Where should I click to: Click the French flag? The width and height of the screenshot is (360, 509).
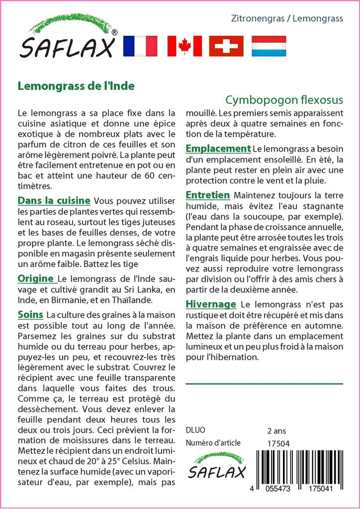tap(140, 46)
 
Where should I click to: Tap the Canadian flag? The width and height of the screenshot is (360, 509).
tap(184, 46)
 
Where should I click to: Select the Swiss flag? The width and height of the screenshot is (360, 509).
tap(226, 46)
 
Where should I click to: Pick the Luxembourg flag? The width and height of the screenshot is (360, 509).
tap(269, 46)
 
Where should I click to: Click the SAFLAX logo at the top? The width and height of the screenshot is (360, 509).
tap(67, 40)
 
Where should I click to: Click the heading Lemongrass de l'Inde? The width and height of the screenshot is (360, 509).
tap(76, 85)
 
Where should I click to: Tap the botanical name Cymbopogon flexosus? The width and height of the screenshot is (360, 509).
tap(284, 100)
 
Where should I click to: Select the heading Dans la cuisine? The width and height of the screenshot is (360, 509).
tap(54, 201)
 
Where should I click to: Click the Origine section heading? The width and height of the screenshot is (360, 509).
tap(36, 278)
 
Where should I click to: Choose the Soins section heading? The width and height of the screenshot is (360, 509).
tap(30, 315)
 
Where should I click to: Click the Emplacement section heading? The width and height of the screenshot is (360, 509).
tap(218, 149)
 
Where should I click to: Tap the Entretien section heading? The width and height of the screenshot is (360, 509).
tap(207, 195)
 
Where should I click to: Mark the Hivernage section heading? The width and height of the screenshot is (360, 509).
tap(210, 304)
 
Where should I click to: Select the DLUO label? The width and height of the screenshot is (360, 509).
tap(195, 430)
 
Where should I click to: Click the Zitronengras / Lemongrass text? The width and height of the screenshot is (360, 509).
tap(287, 19)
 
